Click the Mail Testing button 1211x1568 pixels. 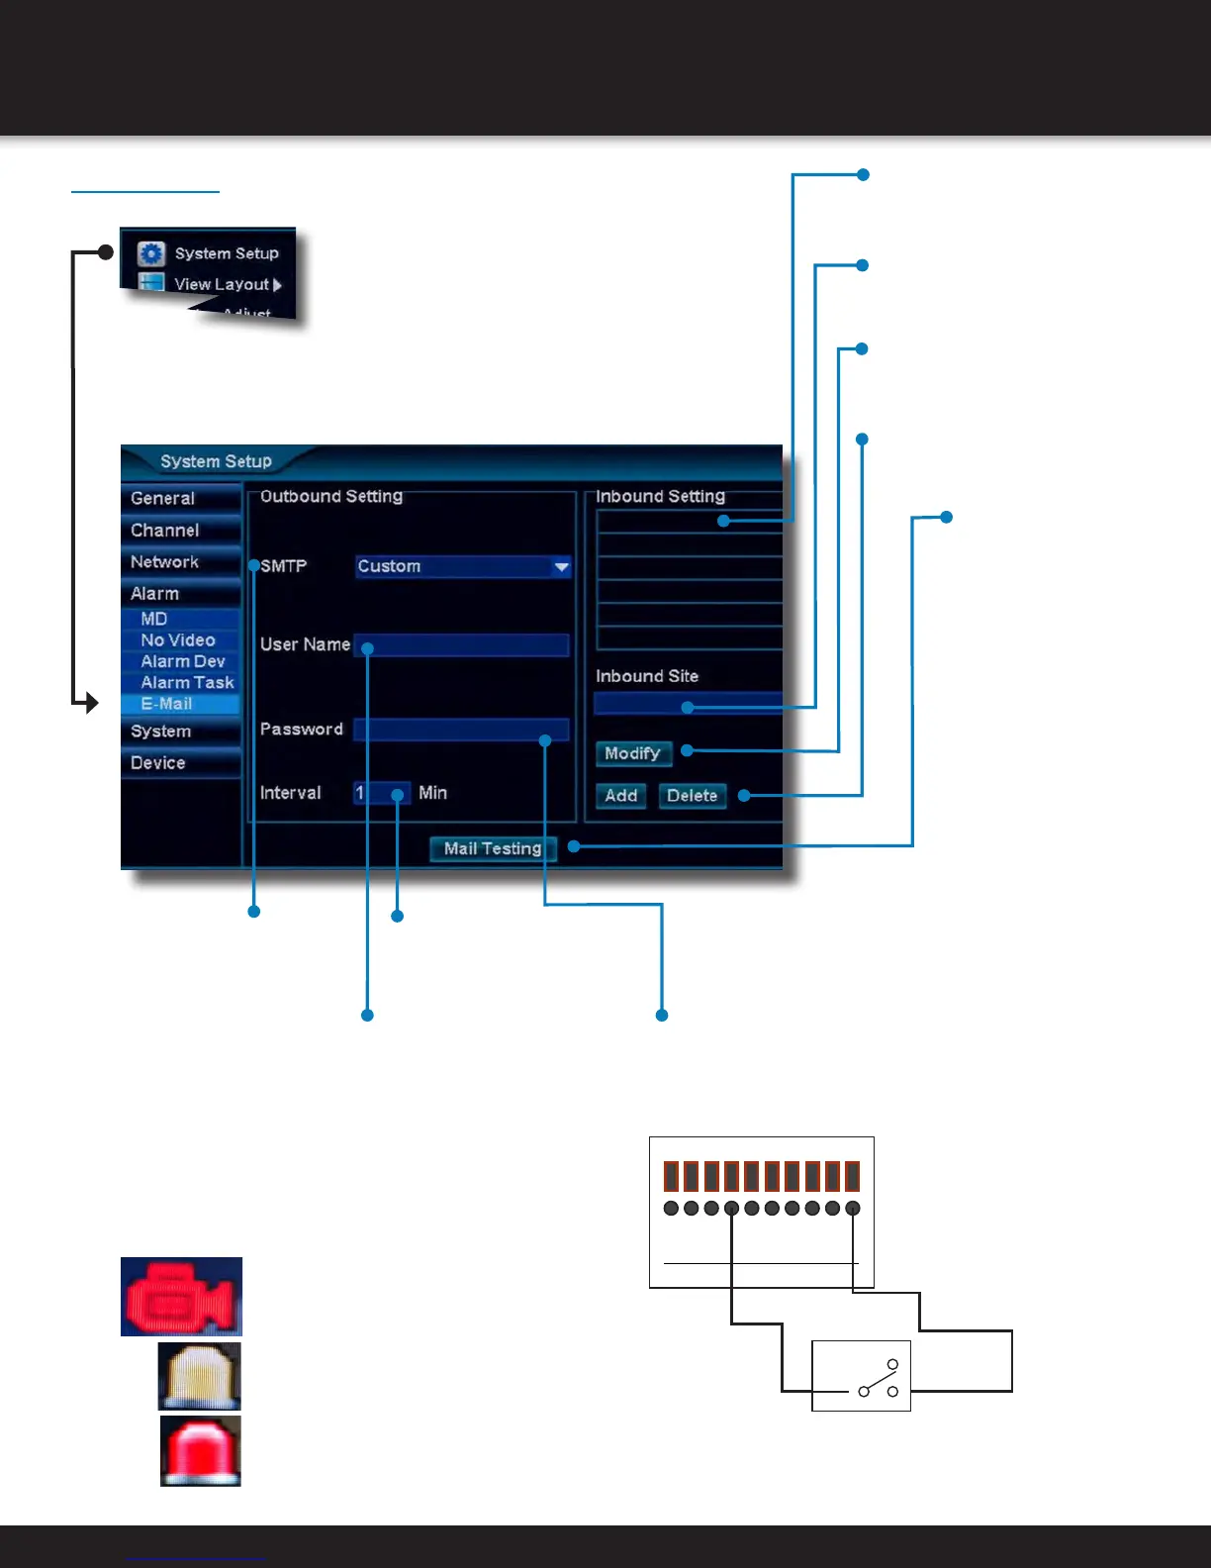493,848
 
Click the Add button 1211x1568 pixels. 620,796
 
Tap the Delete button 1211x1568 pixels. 692,796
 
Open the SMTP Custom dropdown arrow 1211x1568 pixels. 561,567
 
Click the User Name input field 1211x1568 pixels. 461,645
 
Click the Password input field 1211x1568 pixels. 461,731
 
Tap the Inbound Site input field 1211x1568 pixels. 688,704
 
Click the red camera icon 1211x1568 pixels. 181,1297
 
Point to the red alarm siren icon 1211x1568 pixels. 201,1451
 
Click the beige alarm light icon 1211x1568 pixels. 200,1376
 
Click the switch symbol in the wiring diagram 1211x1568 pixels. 879,1378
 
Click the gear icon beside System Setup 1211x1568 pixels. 150,253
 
